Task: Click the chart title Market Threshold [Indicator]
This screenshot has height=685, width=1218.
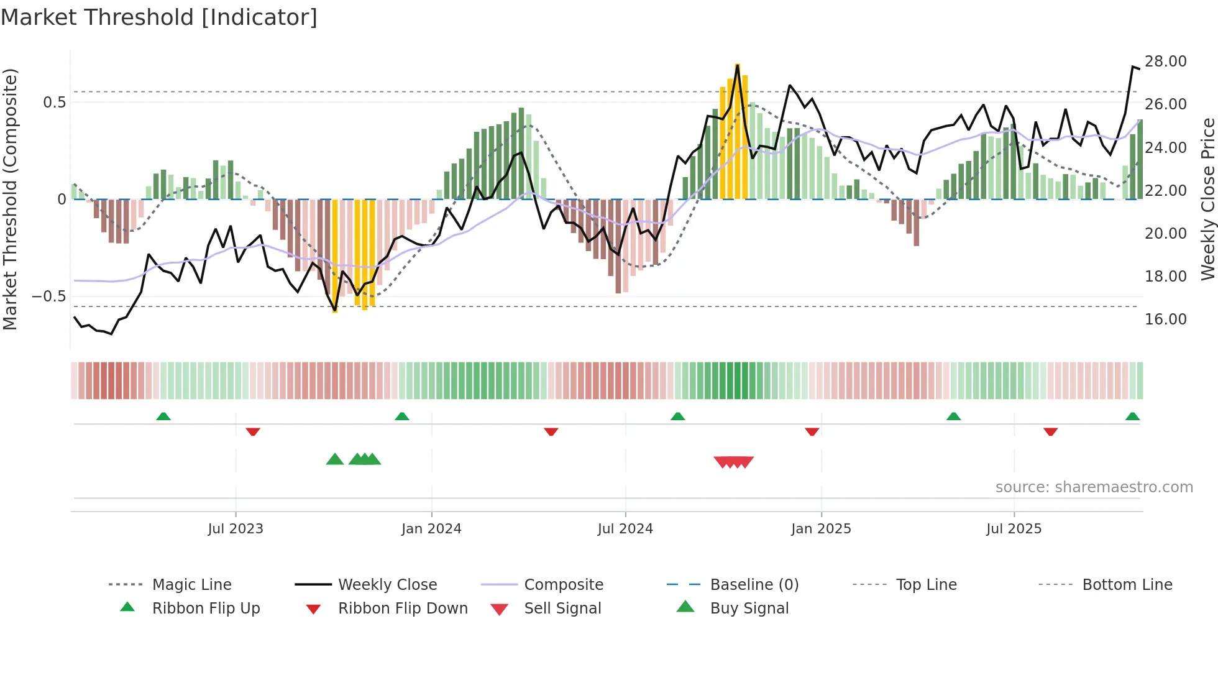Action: coord(159,17)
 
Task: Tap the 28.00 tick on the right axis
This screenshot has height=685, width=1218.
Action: coord(1165,62)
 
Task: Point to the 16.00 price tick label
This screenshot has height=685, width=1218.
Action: coord(1165,320)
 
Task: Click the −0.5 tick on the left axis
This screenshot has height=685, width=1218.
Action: coord(48,297)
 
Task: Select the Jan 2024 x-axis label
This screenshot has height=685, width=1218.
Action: coord(431,529)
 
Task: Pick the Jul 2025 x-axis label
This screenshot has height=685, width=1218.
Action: coord(1014,529)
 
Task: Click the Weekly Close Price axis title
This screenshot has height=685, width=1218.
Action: coord(1207,199)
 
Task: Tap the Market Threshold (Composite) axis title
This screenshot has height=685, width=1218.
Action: coord(10,199)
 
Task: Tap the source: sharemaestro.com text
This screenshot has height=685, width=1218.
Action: coord(1094,487)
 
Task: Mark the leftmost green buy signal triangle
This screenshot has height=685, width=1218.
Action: coord(335,459)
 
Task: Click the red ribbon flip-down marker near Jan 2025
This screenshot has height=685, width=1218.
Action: coord(812,431)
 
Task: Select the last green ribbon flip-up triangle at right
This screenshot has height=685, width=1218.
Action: coord(1132,416)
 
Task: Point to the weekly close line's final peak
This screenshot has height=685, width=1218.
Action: coord(1132,67)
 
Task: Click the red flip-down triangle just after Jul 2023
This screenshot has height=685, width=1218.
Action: coord(252,431)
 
